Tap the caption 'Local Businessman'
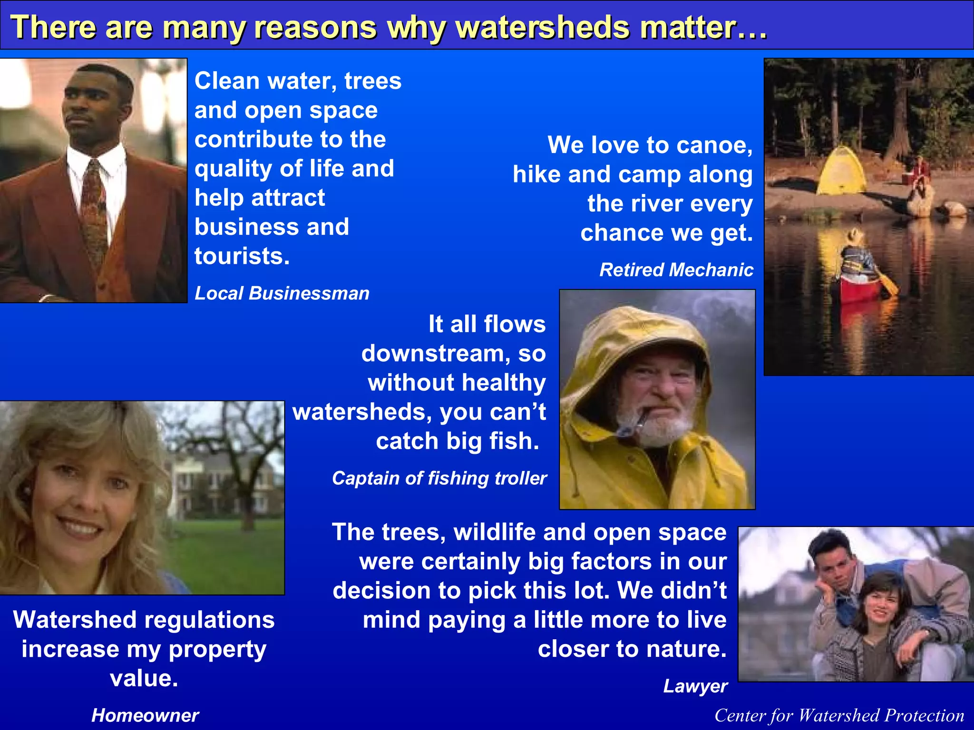pos(282,293)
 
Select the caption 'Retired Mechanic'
pos(676,270)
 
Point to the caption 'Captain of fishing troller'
pos(439,478)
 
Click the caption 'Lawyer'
pos(695,686)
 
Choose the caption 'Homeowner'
pos(145,715)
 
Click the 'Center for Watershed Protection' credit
pos(839,715)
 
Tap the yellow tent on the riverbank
pos(841,171)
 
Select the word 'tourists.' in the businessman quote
pos(242,256)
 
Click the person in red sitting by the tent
pos(921,173)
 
